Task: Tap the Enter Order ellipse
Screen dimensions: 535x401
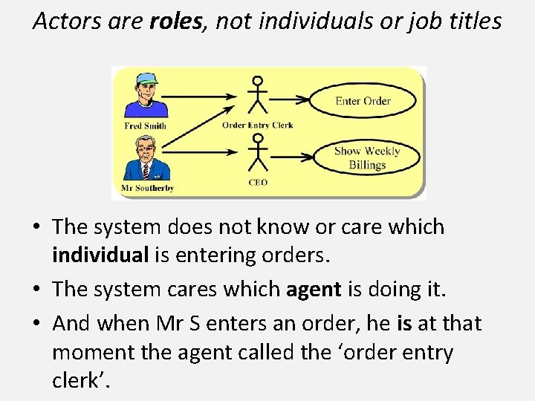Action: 363,101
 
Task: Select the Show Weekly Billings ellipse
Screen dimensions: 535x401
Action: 366,157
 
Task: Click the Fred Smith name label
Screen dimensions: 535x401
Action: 145,126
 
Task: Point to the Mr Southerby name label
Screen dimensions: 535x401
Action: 147,189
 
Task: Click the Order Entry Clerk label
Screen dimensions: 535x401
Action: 257,125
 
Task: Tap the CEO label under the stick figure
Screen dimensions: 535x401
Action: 258,183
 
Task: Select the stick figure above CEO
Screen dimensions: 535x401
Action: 258,153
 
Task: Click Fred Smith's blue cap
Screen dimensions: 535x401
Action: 146,78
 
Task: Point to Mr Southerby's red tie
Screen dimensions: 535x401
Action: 146,170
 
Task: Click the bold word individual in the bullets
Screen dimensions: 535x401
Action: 100,255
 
